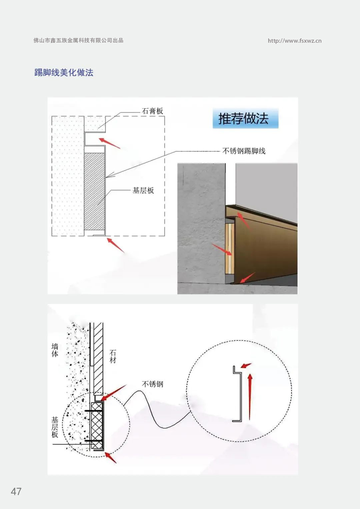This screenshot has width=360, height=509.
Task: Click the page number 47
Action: pyautogui.click(x=16, y=492)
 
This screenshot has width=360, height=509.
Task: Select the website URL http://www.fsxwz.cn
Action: pyautogui.click(x=295, y=41)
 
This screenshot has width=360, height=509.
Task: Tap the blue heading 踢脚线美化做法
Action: pyautogui.click(x=64, y=72)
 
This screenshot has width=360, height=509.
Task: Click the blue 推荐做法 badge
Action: pyautogui.click(x=246, y=118)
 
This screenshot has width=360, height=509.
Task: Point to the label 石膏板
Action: pyautogui.click(x=152, y=111)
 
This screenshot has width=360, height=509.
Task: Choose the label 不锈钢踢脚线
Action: pyautogui.click(x=244, y=151)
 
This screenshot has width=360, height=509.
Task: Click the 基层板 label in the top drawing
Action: pyautogui.click(x=143, y=190)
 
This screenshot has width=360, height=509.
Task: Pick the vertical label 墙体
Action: pyautogui.click(x=55, y=350)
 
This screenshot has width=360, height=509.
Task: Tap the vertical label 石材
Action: pyautogui.click(x=113, y=356)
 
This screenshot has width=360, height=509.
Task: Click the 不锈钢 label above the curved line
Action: pyautogui.click(x=152, y=384)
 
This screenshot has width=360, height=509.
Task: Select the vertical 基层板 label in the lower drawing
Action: pyautogui.click(x=55, y=427)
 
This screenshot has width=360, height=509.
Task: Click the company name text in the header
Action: pyautogui.click(x=78, y=40)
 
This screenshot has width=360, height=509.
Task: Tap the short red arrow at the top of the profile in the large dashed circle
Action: pyautogui.click(x=246, y=366)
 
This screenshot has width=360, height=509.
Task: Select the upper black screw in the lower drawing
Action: pyautogui.click(x=93, y=411)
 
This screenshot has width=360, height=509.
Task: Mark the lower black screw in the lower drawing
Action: pyautogui.click(x=93, y=441)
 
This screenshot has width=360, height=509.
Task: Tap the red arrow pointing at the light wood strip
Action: pyautogui.click(x=222, y=249)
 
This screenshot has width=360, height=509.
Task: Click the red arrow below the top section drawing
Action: pyautogui.click(x=116, y=245)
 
